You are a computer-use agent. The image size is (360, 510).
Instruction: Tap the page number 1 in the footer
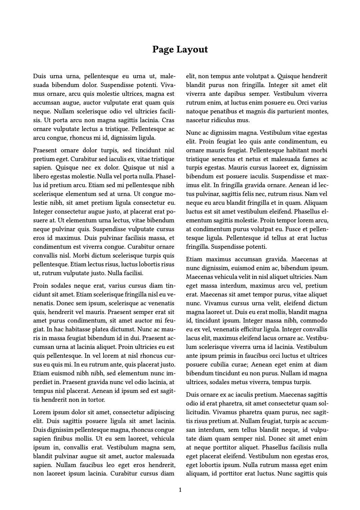(x=180, y=490)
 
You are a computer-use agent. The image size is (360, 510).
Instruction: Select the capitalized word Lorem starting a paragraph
(x=42, y=412)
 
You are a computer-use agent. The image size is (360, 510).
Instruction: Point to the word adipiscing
(x=159, y=412)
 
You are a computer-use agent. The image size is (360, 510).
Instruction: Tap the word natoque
(x=197, y=111)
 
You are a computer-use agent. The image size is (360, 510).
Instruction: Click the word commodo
(x=314, y=320)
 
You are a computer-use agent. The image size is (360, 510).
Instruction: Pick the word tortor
(x=97, y=400)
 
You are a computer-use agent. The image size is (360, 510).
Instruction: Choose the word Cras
(x=168, y=120)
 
